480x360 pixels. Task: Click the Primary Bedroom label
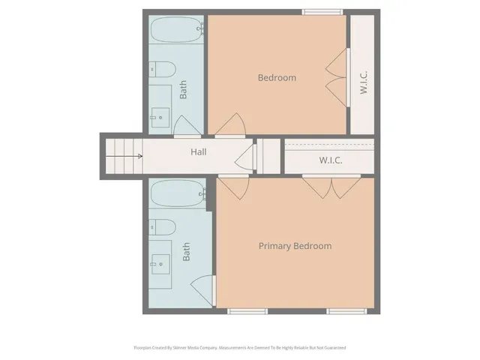295,246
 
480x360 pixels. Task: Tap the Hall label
198,152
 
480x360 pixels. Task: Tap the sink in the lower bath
160,261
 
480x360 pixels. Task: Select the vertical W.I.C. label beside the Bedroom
363,82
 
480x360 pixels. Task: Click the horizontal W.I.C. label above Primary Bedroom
331,160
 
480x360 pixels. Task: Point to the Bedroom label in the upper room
277,77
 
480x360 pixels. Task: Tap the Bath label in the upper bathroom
184,90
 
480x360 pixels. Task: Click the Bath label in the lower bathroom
186,250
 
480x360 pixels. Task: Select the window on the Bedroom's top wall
323,11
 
